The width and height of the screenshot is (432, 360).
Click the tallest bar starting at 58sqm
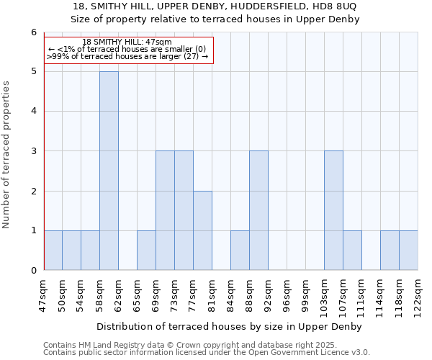[x=109, y=171]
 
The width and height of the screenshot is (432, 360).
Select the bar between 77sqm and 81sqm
[x=202, y=230]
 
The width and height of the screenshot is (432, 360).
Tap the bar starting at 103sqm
[x=333, y=210]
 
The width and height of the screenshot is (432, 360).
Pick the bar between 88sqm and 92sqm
[x=258, y=210]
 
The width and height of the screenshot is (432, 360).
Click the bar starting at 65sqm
[x=146, y=250]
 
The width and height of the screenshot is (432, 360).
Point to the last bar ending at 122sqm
[x=408, y=250]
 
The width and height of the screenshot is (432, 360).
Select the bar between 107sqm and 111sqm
[x=352, y=250]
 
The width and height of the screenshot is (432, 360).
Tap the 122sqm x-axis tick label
[x=418, y=294]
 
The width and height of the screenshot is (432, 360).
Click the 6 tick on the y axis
[x=33, y=32]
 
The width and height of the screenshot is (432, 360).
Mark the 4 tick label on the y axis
[x=33, y=112]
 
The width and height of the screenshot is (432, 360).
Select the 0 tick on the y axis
[x=33, y=270]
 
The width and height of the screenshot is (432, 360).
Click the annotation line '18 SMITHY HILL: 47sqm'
[x=127, y=42]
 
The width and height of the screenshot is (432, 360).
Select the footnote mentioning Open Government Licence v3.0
[x=207, y=352]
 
